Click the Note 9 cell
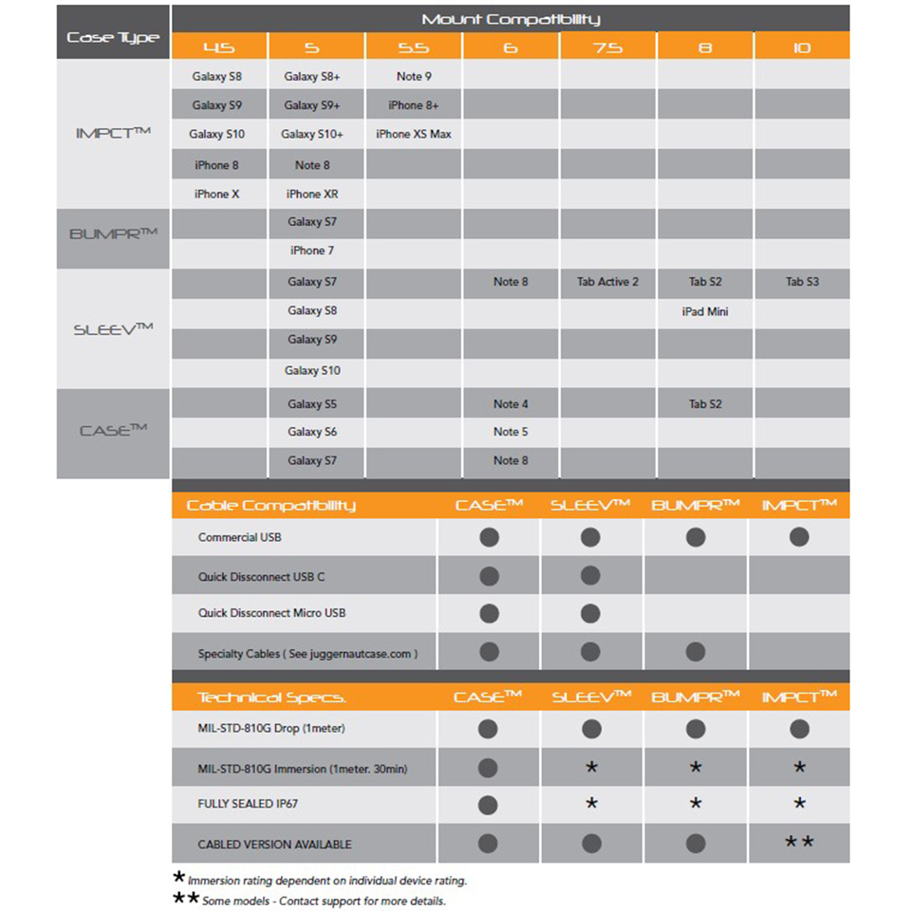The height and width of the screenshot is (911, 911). [414, 77]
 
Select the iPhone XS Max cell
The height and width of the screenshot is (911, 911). [414, 135]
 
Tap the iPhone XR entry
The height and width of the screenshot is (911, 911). [312, 194]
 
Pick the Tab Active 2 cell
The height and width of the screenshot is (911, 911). [607, 282]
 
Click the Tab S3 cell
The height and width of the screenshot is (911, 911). [802, 282]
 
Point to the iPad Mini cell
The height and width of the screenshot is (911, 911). [704, 311]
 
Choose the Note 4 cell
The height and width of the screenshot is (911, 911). [511, 404]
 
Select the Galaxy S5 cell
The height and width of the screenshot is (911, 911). [312, 404]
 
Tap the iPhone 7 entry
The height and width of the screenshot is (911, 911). [312, 251]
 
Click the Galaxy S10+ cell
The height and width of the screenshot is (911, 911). [312, 135]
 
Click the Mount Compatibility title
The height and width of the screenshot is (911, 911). [511, 19]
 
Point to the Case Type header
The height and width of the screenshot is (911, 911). [113, 38]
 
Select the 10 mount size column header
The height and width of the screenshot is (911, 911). [802, 46]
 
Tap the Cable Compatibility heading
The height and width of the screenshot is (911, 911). [270, 505]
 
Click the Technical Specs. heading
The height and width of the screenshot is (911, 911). [271, 697]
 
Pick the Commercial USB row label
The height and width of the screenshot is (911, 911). [240, 537]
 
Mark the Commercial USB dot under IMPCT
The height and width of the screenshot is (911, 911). [799, 537]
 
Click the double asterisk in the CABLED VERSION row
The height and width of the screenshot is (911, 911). [799, 842]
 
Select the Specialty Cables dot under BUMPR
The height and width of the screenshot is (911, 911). [696, 652]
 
